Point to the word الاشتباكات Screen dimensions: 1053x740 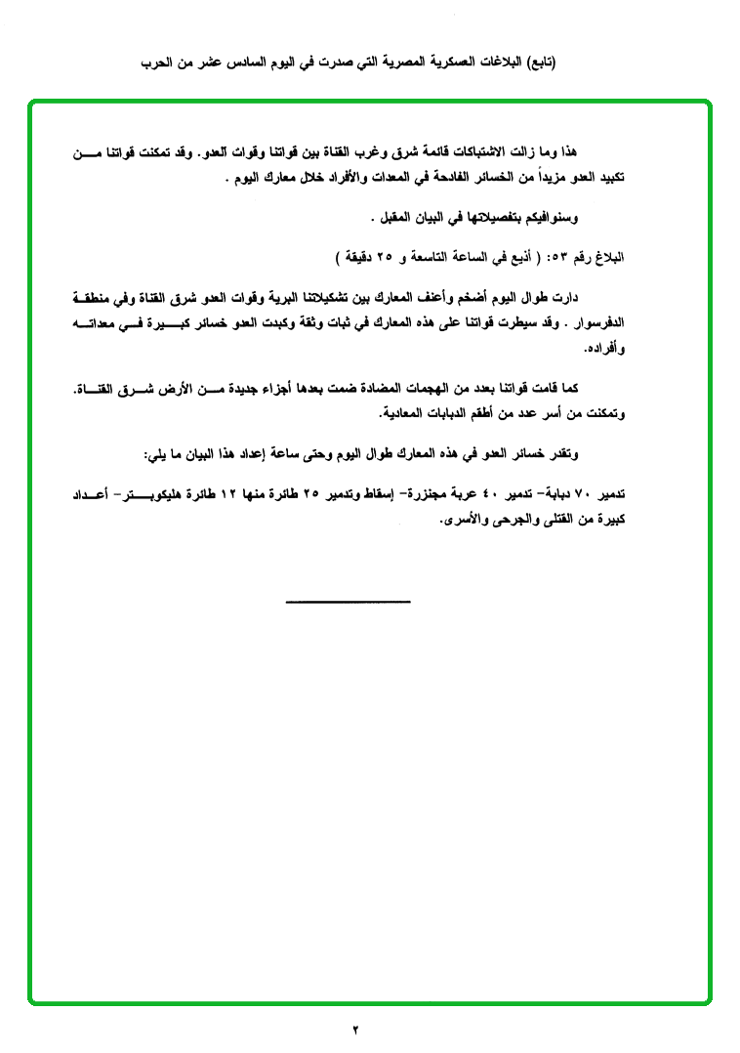(x=473, y=151)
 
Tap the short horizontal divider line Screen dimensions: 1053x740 (x=349, y=600)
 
